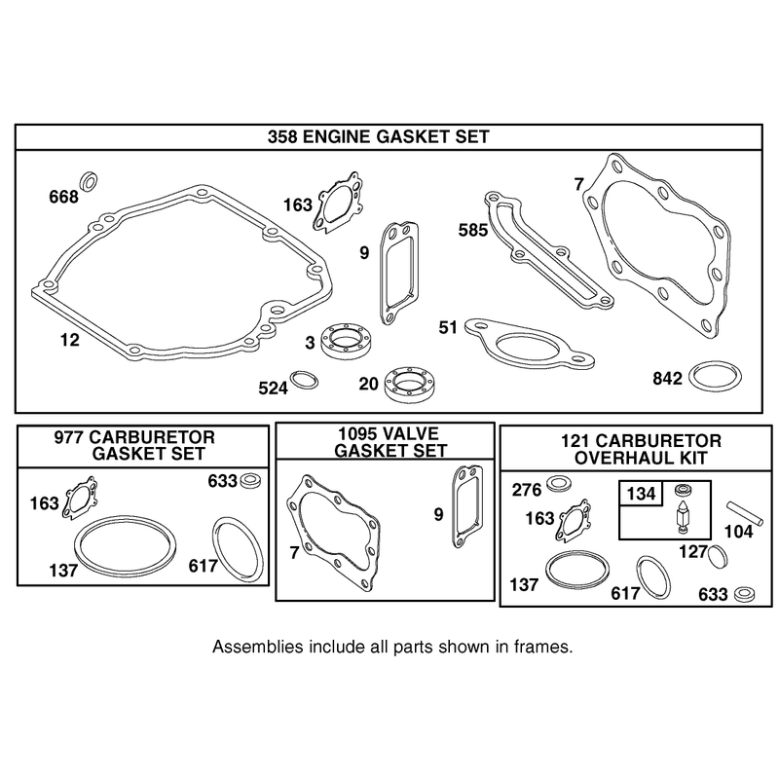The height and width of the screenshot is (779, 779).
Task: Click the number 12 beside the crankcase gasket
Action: coord(69,340)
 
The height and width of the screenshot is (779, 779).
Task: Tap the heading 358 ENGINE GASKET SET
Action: coord(378,136)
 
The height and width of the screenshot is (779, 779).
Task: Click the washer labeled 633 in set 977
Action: coord(251,481)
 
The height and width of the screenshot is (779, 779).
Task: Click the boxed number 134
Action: coord(641,494)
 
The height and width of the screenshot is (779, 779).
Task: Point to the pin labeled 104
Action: coord(746,512)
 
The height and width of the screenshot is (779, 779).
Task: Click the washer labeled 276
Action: coord(558,483)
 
